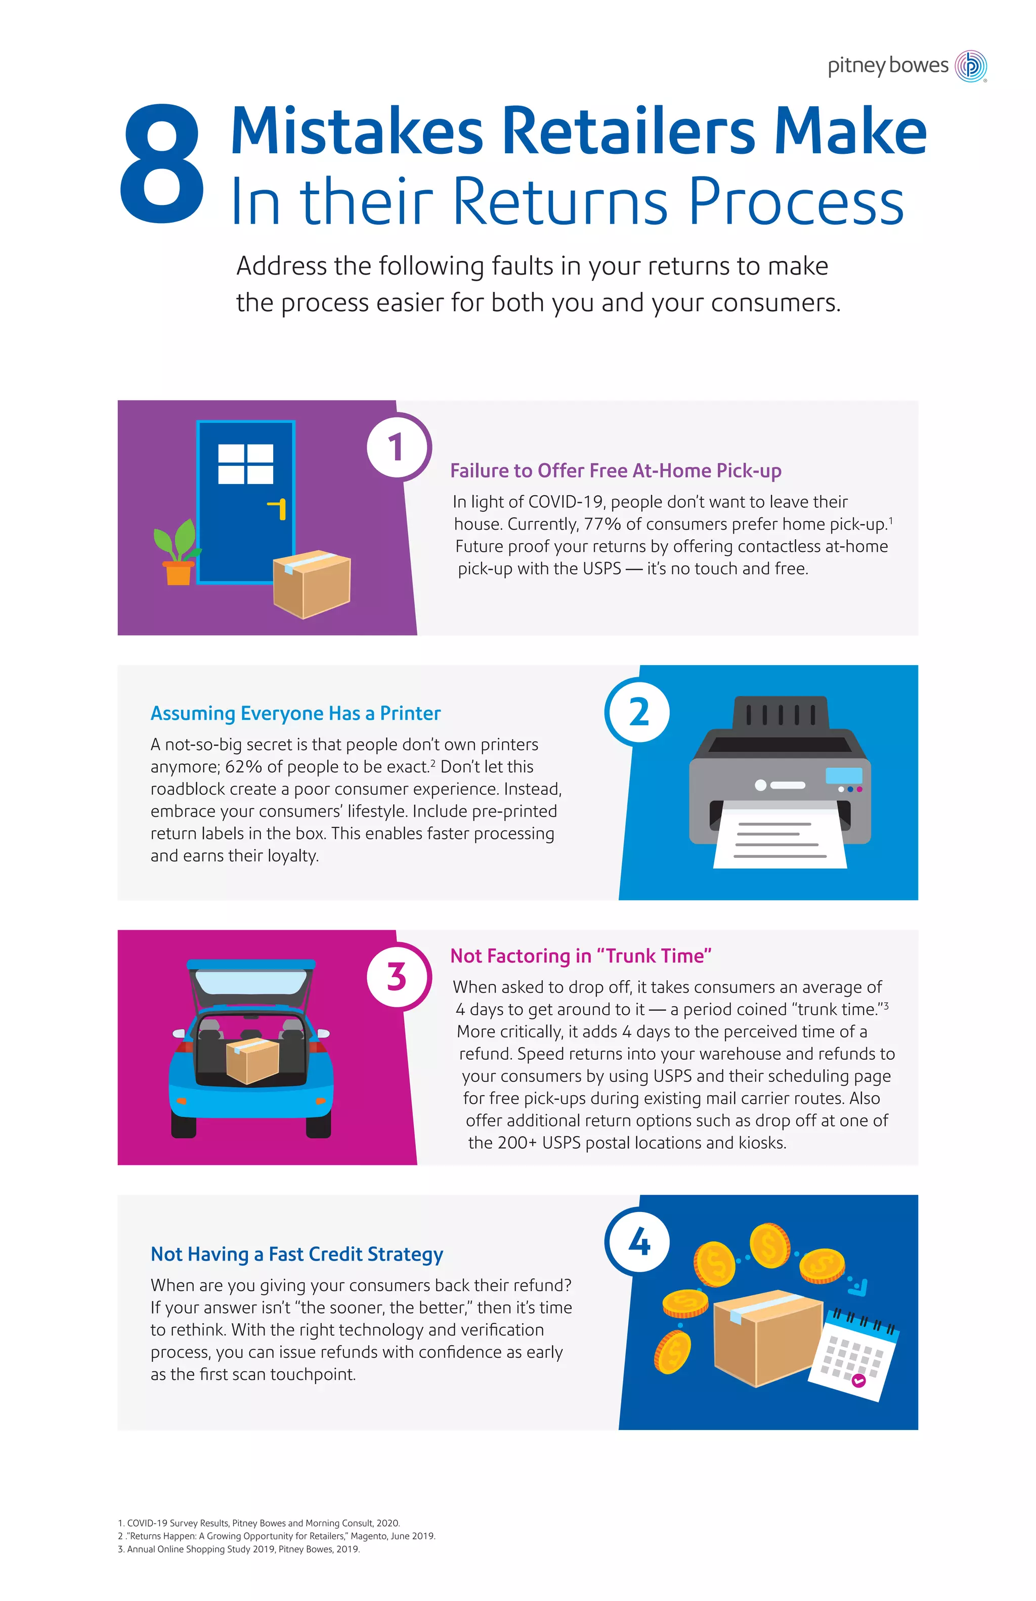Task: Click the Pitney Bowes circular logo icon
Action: [971, 66]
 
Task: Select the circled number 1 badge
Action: [397, 447]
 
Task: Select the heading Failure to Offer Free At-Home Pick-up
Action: [615, 470]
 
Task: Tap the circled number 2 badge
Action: [638, 712]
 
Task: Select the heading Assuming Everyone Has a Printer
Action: [295, 713]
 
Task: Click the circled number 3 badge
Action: [397, 976]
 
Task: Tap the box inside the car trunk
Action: [252, 1061]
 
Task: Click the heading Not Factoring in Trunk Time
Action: [581, 956]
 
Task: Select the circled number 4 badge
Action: [638, 1242]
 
